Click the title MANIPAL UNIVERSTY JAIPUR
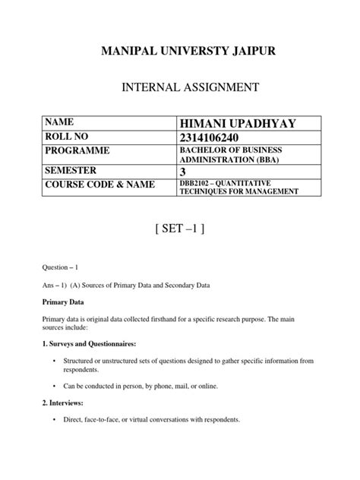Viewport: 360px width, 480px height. click(179, 51)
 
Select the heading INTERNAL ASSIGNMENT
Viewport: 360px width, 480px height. click(179, 89)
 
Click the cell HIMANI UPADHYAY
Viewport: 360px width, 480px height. click(238, 124)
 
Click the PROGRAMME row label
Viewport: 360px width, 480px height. click(80, 152)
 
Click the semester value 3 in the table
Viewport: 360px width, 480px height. click(183, 172)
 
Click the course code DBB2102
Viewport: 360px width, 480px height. click(197, 185)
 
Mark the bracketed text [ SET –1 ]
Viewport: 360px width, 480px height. click(179, 231)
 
